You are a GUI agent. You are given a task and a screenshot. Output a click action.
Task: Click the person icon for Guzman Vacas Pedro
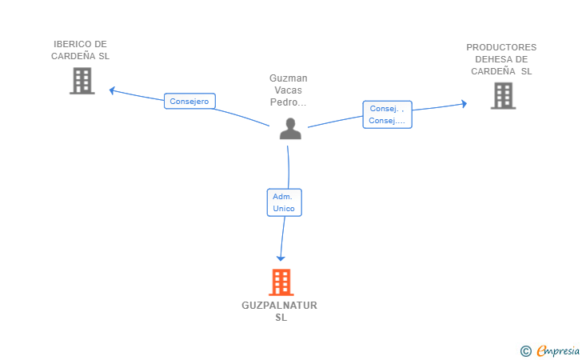click(290, 129)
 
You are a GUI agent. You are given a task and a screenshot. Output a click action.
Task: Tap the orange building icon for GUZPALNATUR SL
click(281, 282)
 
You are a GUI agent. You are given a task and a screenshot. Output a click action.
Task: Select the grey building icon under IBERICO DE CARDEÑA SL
click(82, 81)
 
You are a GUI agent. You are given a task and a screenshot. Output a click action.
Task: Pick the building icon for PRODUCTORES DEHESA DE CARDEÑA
click(504, 96)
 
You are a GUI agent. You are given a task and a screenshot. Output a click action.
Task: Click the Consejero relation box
click(189, 101)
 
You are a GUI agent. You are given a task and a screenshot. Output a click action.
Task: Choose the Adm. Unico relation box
click(285, 202)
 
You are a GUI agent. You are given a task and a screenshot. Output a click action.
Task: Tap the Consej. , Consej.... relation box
click(388, 114)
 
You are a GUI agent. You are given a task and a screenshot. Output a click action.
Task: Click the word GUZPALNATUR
click(280, 306)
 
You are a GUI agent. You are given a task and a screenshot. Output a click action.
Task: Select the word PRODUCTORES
click(501, 47)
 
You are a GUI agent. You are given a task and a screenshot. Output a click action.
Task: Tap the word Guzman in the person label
click(289, 78)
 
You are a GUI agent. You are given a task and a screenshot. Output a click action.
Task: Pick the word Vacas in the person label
click(289, 90)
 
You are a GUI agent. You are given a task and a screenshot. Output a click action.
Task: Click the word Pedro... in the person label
click(289, 102)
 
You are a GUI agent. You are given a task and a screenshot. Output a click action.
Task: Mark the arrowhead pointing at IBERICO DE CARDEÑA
click(112, 90)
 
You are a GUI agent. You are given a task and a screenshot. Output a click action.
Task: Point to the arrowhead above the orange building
click(281, 258)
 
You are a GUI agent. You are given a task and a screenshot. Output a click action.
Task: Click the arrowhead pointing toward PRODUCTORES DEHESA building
click(464, 104)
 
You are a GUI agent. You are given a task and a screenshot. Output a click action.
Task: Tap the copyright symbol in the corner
click(526, 351)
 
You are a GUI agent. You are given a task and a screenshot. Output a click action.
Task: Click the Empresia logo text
click(558, 350)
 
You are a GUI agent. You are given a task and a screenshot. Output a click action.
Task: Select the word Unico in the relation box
click(284, 209)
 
